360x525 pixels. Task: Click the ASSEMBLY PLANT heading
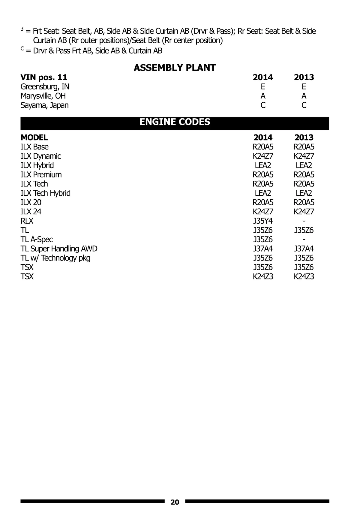pos(175,68)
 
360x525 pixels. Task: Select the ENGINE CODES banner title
pos(175,122)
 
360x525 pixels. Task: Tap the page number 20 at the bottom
pos(175,502)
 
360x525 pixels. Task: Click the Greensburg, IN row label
pos(45,87)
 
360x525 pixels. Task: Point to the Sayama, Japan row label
pos(44,105)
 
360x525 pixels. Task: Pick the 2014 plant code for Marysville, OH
pos(263,96)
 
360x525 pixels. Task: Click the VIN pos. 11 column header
pos(44,77)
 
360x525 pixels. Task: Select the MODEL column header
pos(34,137)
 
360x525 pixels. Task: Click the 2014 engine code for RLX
pos(263,221)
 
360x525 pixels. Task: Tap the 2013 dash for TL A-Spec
pos(304,240)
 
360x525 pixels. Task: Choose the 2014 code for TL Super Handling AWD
pos(263,249)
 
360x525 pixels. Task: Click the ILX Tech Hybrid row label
pos(45,193)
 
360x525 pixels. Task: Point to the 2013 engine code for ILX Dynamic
pos(304,156)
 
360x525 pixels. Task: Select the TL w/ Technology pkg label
pos(55,258)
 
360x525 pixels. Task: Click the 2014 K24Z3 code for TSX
pos(263,276)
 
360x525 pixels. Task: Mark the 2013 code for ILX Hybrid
pos(304,165)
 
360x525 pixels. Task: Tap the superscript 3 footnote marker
pos(22,29)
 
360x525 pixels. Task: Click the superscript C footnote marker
pos(22,49)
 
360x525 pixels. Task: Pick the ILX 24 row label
pos(31,212)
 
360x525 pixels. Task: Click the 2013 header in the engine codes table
pos(304,137)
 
